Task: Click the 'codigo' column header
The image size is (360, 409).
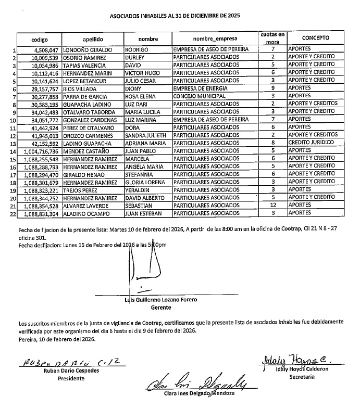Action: (x=39, y=39)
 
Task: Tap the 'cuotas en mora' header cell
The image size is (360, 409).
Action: (x=273, y=37)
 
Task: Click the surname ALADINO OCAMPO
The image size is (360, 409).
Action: (x=85, y=213)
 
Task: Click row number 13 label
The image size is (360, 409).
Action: (x=13, y=144)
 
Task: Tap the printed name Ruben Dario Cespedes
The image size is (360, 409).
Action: (x=64, y=371)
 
